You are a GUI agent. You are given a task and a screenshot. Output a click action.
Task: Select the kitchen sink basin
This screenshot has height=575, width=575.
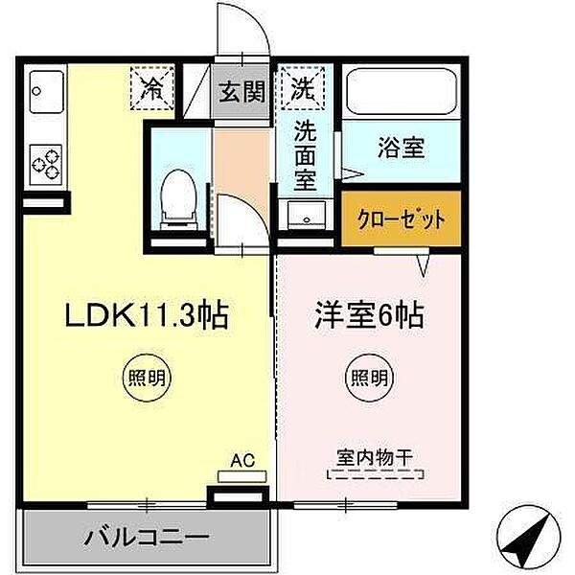pos(44,93)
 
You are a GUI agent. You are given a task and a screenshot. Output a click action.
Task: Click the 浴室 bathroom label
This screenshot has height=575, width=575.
pos(401,149)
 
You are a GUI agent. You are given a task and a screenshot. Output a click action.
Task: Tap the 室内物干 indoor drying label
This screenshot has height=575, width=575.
pos(373,457)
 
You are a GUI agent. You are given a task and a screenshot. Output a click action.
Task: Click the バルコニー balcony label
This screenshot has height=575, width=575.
pos(148,535)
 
